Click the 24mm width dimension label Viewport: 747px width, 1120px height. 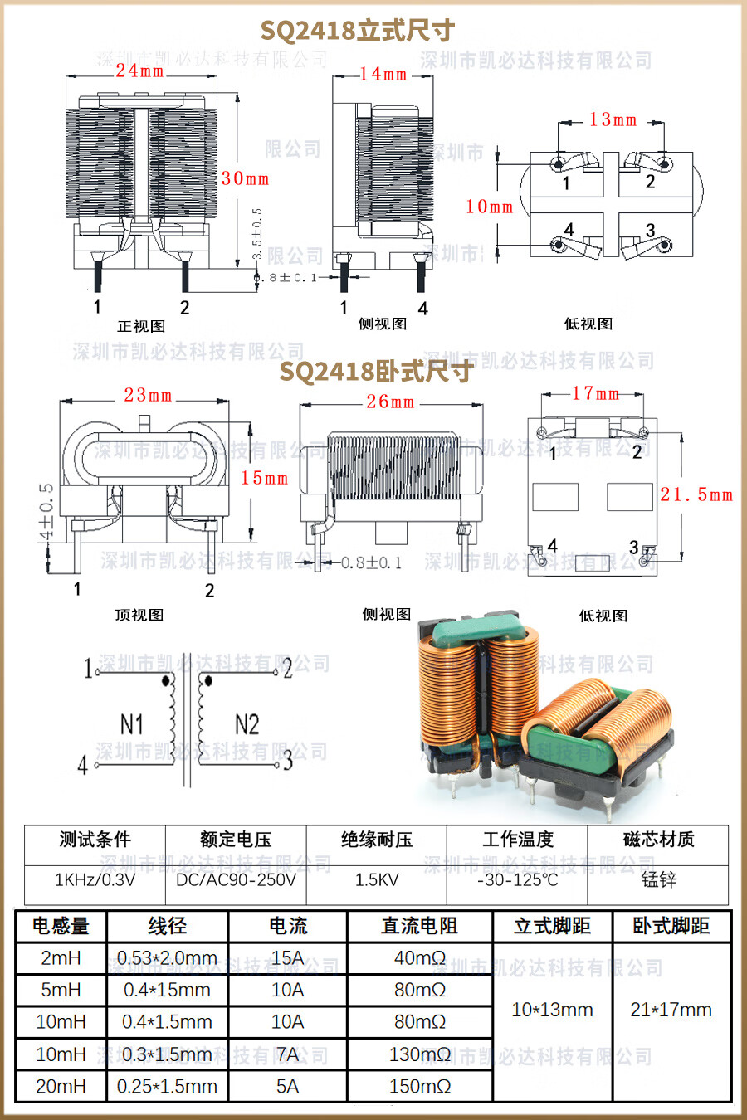[139, 71]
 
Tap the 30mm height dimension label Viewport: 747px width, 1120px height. [245, 178]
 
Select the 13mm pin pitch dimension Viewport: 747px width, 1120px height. [613, 120]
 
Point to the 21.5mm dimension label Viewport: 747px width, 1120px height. [696, 495]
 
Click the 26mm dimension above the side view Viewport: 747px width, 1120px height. [390, 402]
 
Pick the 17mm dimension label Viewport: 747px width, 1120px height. [595, 393]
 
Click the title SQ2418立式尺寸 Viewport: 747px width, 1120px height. [357, 31]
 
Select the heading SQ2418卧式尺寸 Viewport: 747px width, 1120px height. [375, 372]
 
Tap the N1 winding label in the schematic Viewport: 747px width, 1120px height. [132, 724]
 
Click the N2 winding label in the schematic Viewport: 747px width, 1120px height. [247, 724]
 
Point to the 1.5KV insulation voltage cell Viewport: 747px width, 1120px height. [377, 879]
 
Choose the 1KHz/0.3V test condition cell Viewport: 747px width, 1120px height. [95, 879]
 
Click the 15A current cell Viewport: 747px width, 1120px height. [287, 958]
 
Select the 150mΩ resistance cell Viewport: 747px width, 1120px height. [419, 1086]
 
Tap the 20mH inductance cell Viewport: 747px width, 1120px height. [61, 1086]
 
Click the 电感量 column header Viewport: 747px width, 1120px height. [61, 926]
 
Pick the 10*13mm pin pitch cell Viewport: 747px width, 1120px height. [552, 1010]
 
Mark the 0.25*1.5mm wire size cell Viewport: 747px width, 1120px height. [167, 1086]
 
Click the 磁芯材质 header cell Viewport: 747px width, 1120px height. [658, 840]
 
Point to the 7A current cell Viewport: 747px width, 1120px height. [287, 1054]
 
